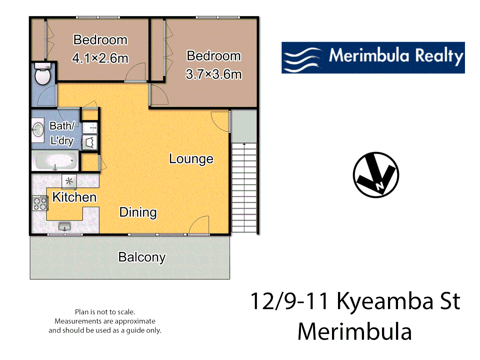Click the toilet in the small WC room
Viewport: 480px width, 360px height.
43,75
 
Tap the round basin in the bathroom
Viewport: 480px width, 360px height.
38,130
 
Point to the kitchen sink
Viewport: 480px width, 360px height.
64,226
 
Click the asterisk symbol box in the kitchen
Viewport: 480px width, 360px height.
69,181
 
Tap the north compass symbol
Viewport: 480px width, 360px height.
376,175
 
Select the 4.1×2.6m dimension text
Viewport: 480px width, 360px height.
100,58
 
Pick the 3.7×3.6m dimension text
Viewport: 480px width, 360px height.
214,74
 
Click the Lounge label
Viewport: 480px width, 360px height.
191,159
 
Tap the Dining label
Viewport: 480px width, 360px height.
138,212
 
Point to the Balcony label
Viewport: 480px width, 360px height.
142,257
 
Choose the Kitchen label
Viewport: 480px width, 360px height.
74,197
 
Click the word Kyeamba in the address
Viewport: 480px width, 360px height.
385,301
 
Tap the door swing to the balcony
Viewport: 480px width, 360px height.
199,225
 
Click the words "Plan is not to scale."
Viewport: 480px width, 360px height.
105,312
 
